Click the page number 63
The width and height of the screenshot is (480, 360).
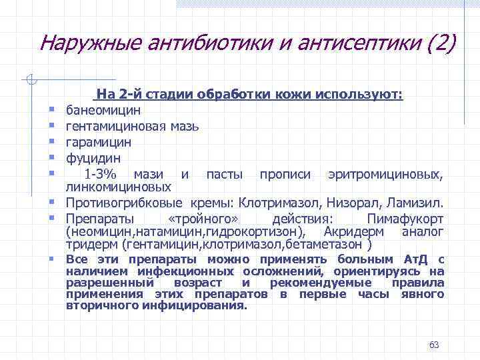click(x=435, y=345)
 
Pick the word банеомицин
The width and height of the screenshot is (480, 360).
click(x=103, y=109)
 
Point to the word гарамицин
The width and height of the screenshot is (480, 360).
click(x=98, y=142)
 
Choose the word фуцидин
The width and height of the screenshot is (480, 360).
click(x=93, y=159)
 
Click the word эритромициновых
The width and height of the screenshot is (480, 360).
click(x=385, y=175)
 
